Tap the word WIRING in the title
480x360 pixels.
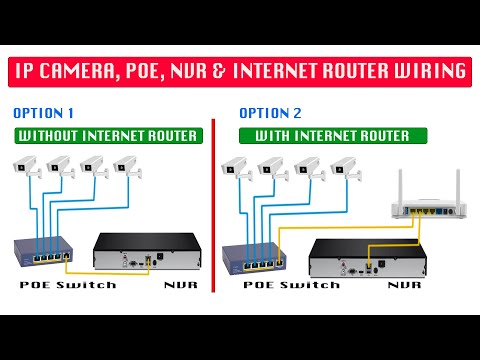coord(424,72)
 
